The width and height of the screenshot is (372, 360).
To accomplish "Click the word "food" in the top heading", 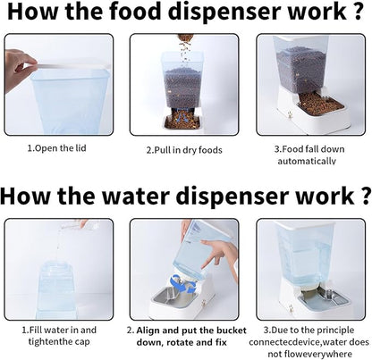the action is tap(135, 11).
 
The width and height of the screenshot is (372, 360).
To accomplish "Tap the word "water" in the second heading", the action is tap(136, 196).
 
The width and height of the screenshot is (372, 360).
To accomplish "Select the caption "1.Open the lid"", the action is tap(56, 148).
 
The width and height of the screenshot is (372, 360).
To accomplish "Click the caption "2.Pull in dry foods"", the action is tap(184, 150).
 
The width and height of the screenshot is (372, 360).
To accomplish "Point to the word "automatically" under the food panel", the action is tap(307, 161).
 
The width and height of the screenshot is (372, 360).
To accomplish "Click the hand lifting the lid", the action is tap(18, 70).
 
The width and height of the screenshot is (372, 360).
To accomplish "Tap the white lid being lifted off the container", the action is tap(72, 67).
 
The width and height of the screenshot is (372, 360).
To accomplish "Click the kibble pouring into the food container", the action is tap(185, 47).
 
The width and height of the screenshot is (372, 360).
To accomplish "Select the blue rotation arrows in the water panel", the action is tap(182, 284).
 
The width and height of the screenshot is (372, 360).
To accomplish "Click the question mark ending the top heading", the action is tap(359, 11).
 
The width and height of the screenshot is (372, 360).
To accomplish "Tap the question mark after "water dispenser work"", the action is tap(367, 196).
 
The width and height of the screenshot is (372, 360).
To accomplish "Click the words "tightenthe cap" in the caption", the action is tap(59, 341).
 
